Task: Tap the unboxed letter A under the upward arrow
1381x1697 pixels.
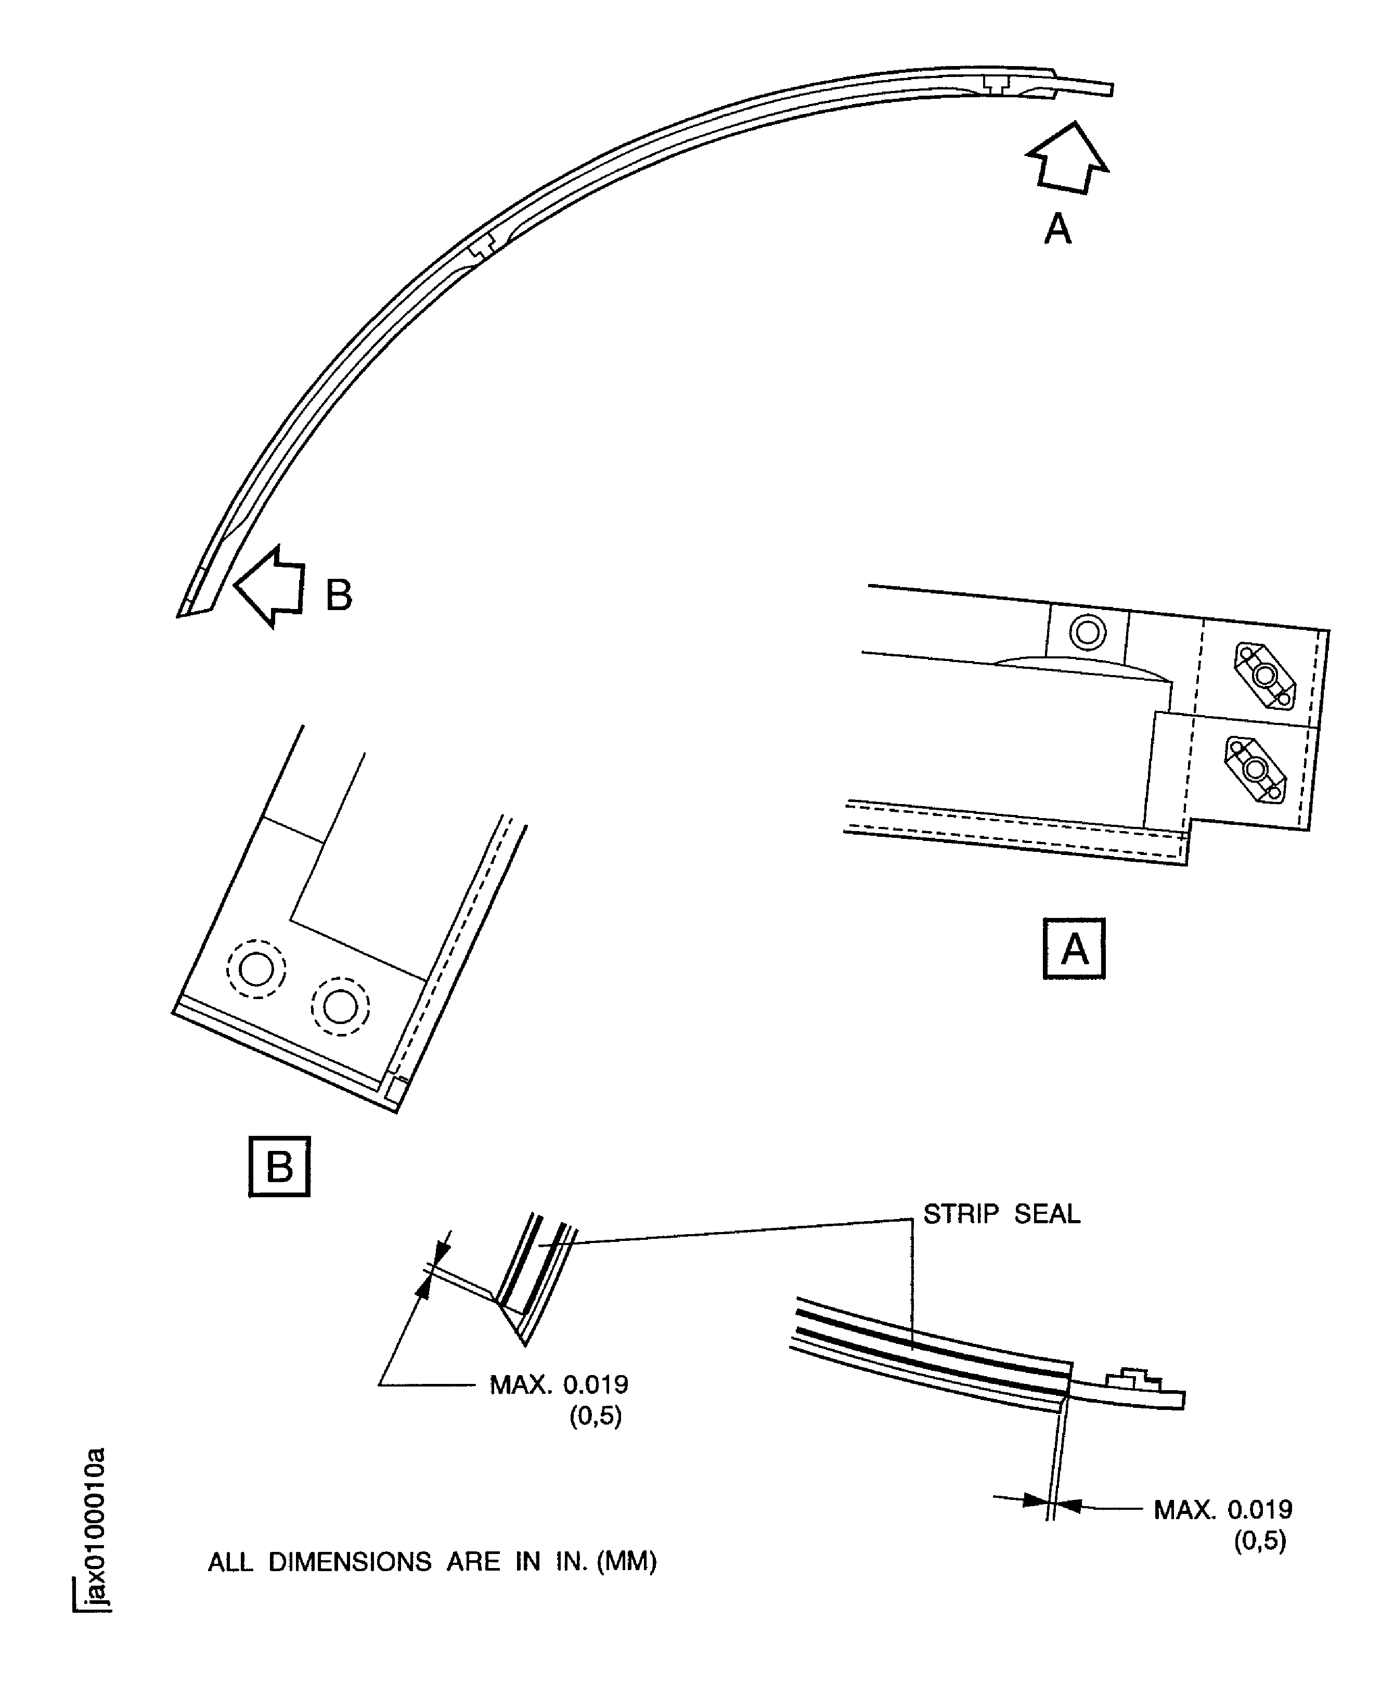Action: click(1058, 229)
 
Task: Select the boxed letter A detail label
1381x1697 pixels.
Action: click(1074, 949)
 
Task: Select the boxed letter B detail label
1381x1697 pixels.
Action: click(279, 1167)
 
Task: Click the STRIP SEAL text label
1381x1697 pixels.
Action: click(1001, 1213)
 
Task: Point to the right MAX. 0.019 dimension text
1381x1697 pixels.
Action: click(1223, 1509)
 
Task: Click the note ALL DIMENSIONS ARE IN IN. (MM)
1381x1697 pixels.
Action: click(432, 1562)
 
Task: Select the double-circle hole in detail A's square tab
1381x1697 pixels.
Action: click(1088, 633)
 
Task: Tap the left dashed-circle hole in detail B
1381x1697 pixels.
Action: click(256, 969)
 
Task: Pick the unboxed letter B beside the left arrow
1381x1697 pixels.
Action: click(339, 595)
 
